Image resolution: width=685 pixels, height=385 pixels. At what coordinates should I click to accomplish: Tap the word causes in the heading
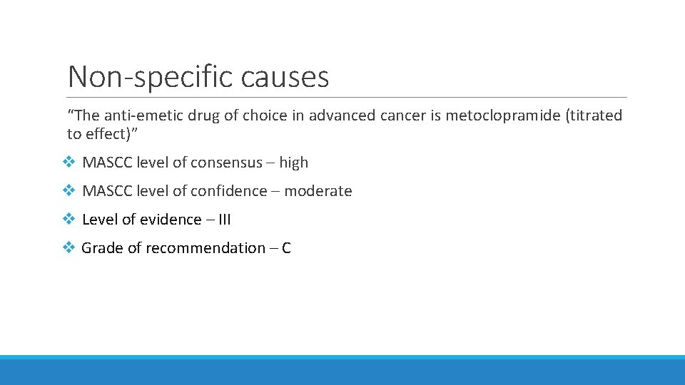click(286, 76)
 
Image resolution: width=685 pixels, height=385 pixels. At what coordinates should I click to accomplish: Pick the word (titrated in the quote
click(594, 115)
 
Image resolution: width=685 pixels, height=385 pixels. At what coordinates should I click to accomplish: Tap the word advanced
click(340, 115)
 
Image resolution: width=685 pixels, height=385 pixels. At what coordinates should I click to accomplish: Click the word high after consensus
click(293, 163)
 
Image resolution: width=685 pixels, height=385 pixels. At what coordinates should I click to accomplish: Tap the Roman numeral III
click(223, 220)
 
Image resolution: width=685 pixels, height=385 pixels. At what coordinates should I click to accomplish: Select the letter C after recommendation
click(286, 248)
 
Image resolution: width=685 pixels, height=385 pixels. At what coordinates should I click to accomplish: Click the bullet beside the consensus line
click(68, 163)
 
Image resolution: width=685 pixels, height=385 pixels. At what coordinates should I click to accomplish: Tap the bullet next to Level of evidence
click(68, 220)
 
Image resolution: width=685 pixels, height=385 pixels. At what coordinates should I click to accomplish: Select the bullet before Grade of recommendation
click(68, 248)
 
